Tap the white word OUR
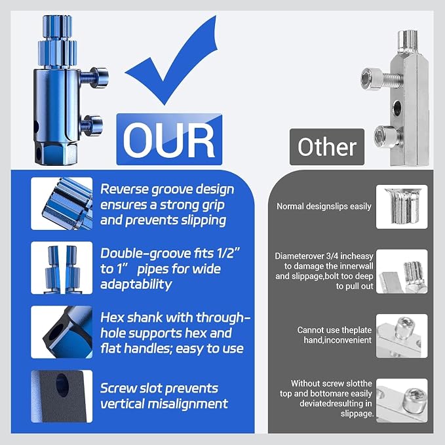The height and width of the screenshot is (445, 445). tap(169, 140)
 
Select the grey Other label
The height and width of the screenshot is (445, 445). tap(326, 147)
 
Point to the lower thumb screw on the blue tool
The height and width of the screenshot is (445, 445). tap(93, 125)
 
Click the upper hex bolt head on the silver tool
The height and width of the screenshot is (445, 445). tap(370, 79)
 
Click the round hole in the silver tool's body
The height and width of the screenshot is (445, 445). tap(397, 107)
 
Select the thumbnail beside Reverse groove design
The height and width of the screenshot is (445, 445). tap(62, 203)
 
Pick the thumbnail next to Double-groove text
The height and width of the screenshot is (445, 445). tap(62, 267)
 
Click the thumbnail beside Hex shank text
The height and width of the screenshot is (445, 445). tap(62, 332)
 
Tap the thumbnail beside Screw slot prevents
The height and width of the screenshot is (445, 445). tap(62, 397)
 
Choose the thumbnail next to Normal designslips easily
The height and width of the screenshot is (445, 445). tap(402, 206)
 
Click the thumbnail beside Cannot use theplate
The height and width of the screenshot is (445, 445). tap(402, 336)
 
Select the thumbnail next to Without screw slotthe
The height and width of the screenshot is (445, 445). tap(402, 400)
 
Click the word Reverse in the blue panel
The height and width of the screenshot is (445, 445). tap(125, 189)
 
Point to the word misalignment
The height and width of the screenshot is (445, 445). tap(187, 404)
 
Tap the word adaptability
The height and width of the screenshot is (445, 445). tap(136, 284)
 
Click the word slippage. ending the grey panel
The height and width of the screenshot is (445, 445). tap(357, 414)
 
